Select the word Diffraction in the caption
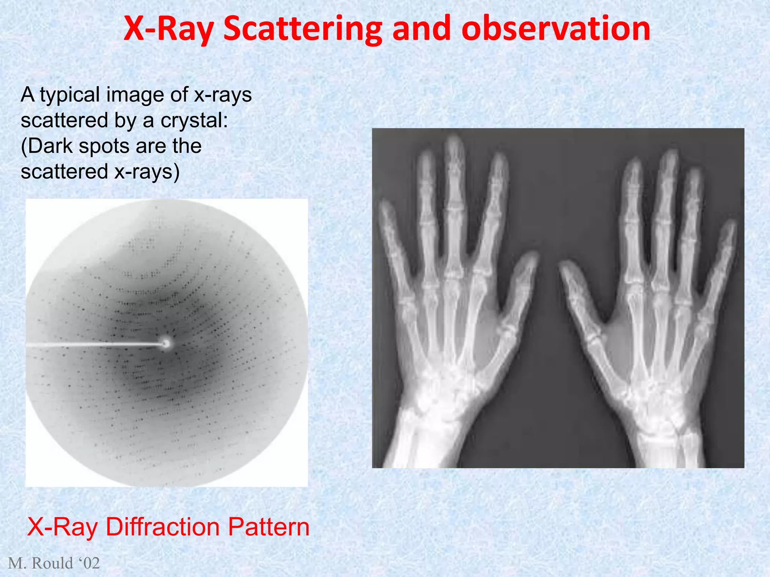click(x=162, y=527)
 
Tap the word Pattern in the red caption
click(x=268, y=527)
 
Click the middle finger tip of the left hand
click(x=454, y=143)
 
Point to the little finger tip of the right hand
click(x=730, y=225)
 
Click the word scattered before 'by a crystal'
click(x=64, y=121)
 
